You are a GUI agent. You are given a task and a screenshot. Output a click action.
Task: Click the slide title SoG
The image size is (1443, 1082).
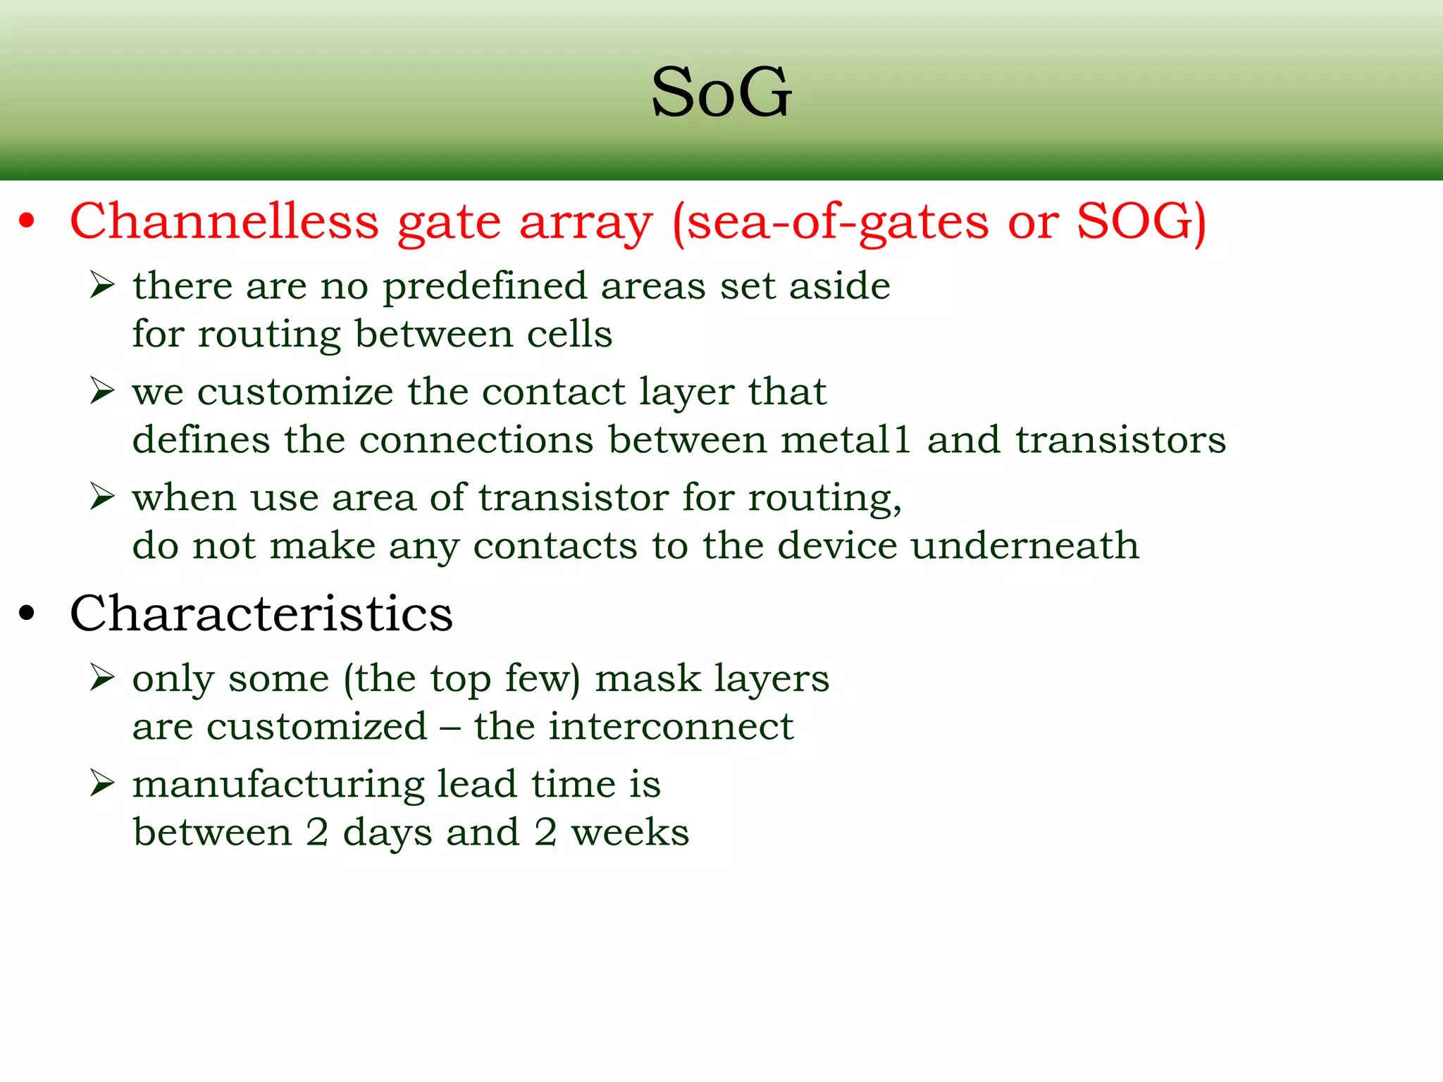721,92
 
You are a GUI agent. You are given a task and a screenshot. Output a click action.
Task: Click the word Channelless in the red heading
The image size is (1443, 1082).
224,221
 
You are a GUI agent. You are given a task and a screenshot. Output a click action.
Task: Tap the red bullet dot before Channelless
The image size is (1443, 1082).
27,221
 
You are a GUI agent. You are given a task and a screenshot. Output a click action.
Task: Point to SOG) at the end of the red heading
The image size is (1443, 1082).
1141,221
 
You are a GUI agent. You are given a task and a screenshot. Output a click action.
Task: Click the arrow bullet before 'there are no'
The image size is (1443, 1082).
102,285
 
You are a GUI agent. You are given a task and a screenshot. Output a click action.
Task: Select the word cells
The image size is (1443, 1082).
569,334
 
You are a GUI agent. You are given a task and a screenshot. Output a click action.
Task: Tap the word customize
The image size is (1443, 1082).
295,392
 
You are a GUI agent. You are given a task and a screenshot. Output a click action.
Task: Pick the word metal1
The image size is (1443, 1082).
846,440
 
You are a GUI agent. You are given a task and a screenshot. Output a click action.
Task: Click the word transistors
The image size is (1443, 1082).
1120,440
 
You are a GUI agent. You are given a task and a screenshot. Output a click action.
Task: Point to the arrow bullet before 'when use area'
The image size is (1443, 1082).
102,497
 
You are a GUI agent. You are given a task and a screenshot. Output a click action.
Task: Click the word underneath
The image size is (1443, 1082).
1024,545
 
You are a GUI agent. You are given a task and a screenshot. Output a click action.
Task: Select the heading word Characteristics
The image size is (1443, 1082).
261,613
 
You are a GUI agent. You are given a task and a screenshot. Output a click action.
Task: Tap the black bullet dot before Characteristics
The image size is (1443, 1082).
27,613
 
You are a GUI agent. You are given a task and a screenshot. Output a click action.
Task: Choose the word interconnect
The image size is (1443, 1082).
671,726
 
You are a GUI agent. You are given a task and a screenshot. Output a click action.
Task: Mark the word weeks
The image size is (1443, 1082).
630,833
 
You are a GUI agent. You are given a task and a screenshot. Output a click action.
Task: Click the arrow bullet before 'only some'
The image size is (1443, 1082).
102,678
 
